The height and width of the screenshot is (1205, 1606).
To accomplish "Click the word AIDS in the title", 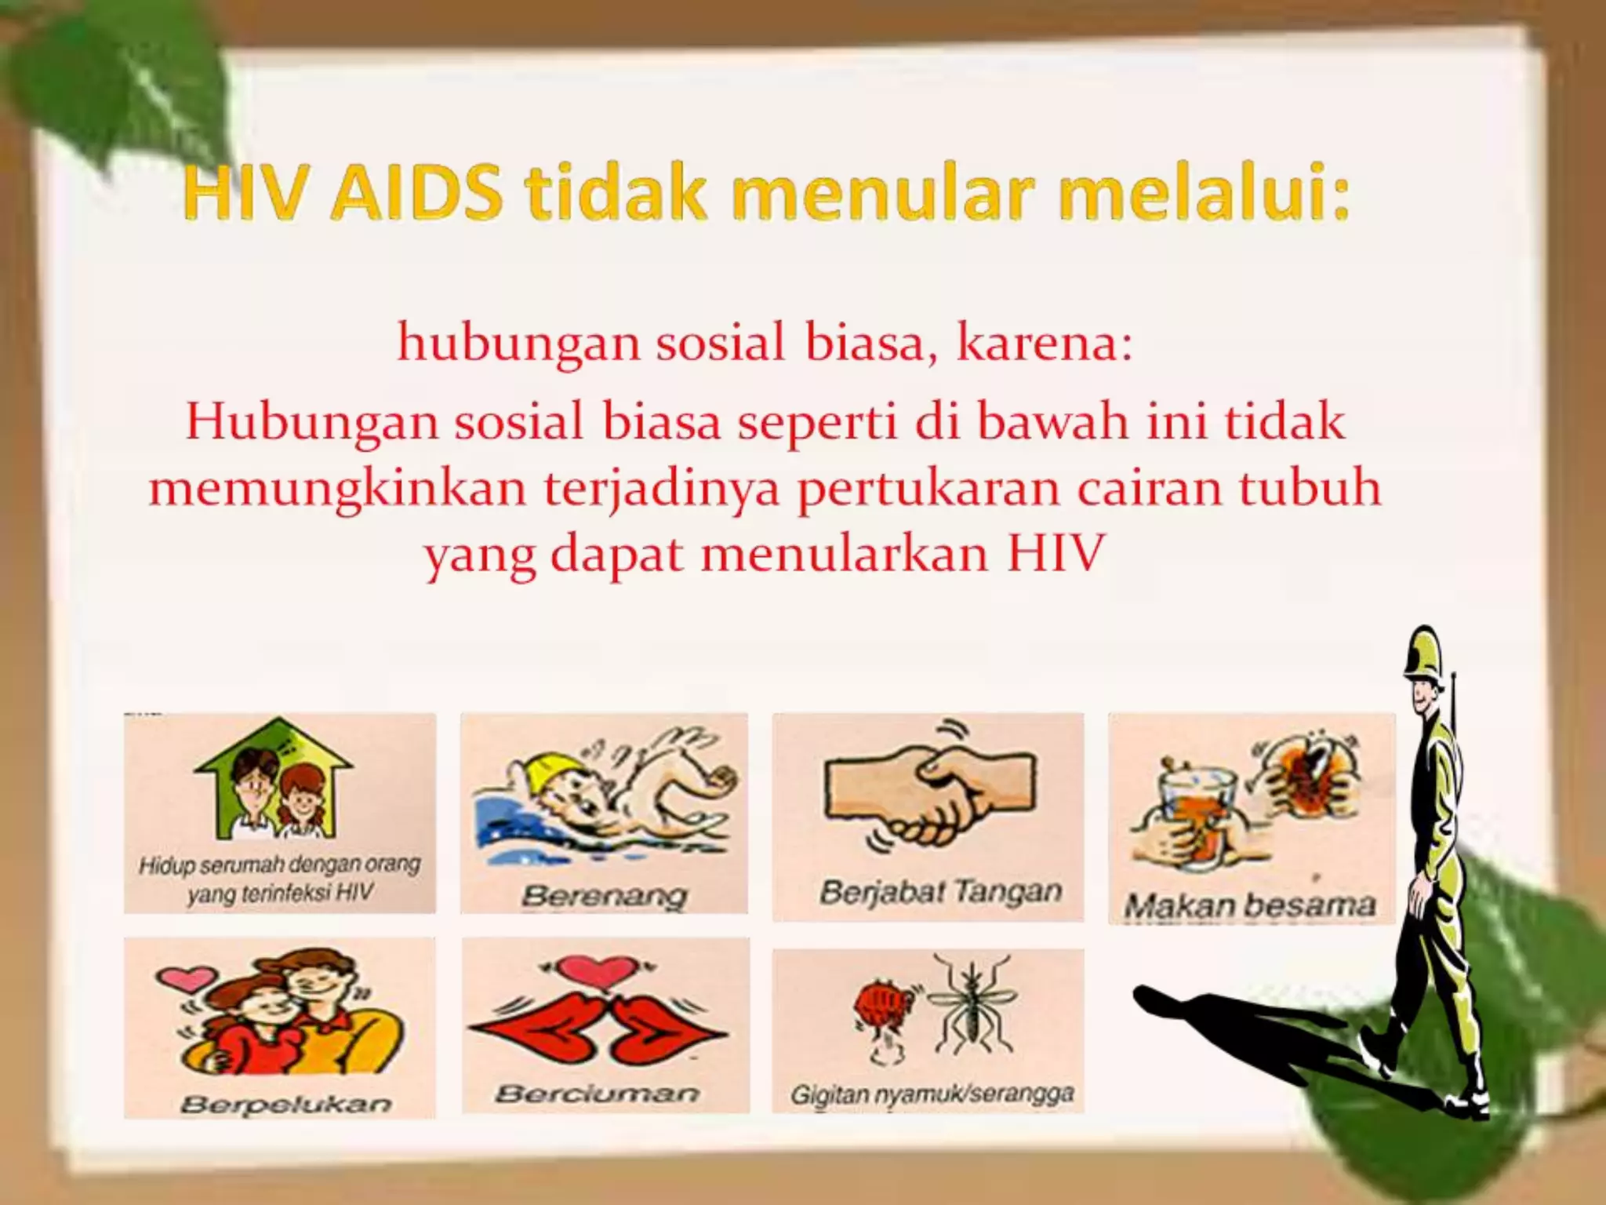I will click(x=416, y=194).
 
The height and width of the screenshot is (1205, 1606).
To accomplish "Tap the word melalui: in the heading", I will click(x=1203, y=194).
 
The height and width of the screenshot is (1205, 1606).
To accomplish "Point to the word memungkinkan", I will click(x=337, y=488).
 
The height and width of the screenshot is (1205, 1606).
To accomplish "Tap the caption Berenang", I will click(x=604, y=895).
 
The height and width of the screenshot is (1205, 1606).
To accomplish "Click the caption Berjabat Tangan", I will click(x=940, y=892).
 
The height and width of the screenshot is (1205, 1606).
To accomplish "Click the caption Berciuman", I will click(x=597, y=1093).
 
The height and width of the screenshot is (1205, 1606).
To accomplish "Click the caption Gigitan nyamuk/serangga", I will click(x=932, y=1094).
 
